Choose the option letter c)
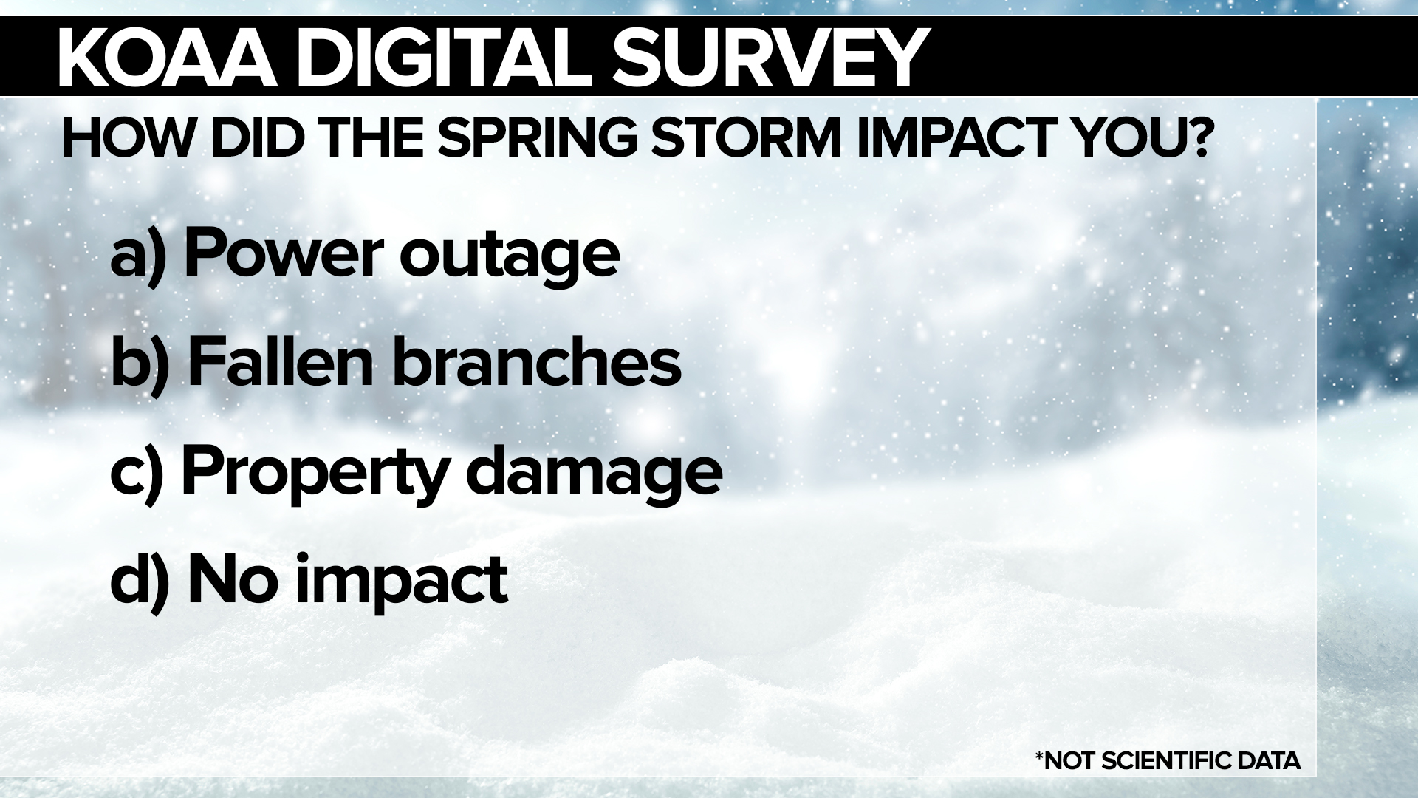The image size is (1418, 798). [137, 473]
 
